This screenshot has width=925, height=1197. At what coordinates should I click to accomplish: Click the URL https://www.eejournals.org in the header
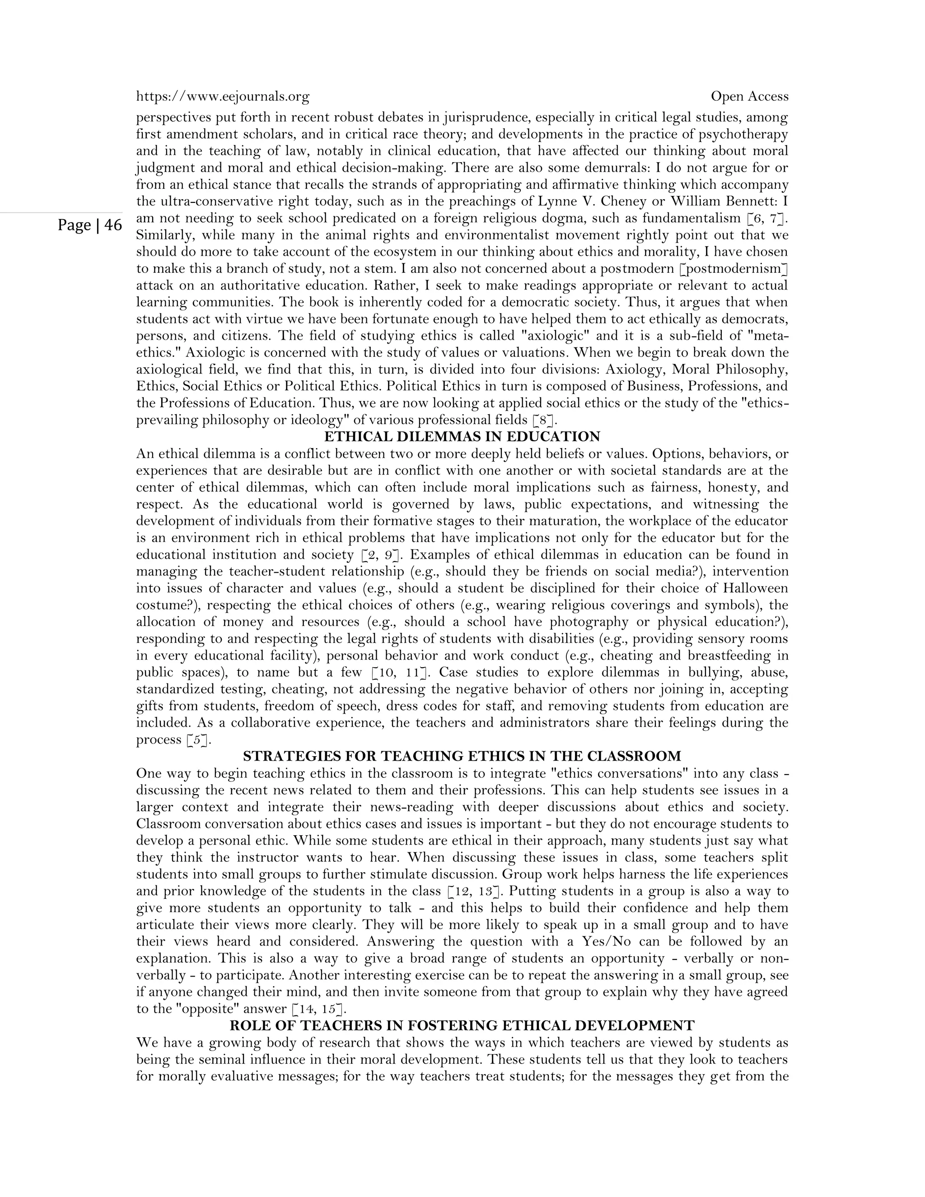223,97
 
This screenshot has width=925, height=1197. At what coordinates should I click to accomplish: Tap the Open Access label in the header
749,97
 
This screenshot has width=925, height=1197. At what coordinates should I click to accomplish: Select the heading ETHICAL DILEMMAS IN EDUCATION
462,437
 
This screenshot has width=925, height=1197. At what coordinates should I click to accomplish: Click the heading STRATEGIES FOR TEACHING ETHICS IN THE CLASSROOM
462,756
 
